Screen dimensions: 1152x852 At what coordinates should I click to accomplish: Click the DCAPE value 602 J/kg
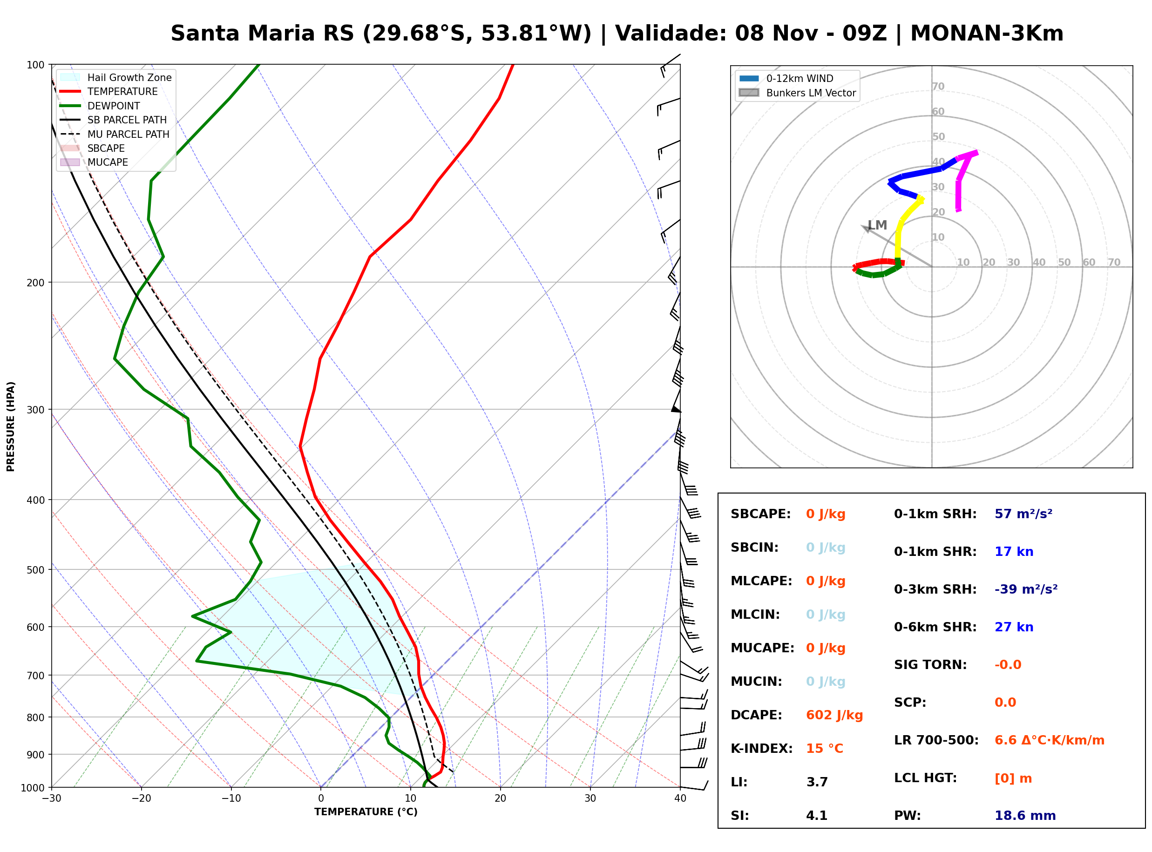(834, 715)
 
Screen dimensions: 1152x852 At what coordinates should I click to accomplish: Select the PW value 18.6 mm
(1025, 816)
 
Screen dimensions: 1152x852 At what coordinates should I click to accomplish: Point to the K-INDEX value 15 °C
(825, 749)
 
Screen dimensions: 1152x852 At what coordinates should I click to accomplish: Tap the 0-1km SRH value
(1023, 514)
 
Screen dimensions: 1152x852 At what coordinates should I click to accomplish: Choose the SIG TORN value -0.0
(1008, 665)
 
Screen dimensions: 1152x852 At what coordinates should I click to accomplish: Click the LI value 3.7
(817, 782)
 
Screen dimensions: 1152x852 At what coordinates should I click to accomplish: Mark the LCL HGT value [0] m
(1013, 778)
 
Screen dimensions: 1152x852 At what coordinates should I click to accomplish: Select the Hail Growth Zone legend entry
(116, 77)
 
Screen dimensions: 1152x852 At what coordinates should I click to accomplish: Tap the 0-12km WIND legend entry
(786, 78)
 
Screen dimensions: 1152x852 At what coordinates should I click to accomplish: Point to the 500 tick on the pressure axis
(35, 570)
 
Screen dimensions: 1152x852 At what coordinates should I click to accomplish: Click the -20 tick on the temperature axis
(141, 798)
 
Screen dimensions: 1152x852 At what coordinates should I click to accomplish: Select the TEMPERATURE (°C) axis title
(366, 812)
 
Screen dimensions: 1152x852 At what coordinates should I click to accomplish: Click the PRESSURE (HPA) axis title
(11, 426)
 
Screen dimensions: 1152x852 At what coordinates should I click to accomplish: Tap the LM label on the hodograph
(877, 225)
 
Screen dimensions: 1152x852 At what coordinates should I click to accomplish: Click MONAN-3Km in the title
(987, 34)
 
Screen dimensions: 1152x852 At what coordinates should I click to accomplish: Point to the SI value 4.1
(817, 816)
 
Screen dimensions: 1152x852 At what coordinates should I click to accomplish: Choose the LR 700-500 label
(936, 741)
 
